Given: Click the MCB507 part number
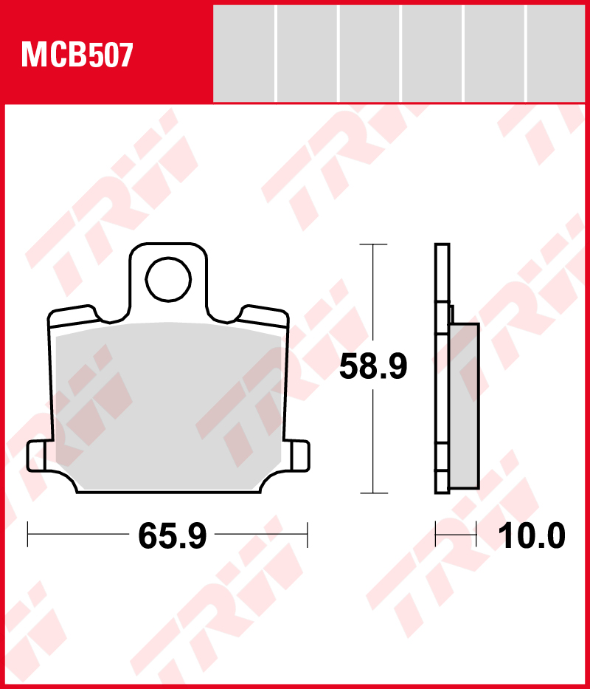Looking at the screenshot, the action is (x=77, y=55).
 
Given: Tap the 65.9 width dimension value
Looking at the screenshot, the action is (x=172, y=535).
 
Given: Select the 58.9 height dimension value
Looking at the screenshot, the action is (x=373, y=366).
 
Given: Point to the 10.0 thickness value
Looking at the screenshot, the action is (x=532, y=535).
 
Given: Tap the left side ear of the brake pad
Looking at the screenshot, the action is (x=37, y=456).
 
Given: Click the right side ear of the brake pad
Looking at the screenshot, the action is (x=299, y=456).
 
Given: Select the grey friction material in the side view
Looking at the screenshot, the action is (x=464, y=406).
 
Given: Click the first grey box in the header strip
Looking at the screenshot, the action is (x=243, y=53).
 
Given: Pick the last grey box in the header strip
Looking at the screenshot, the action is (x=556, y=53).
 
